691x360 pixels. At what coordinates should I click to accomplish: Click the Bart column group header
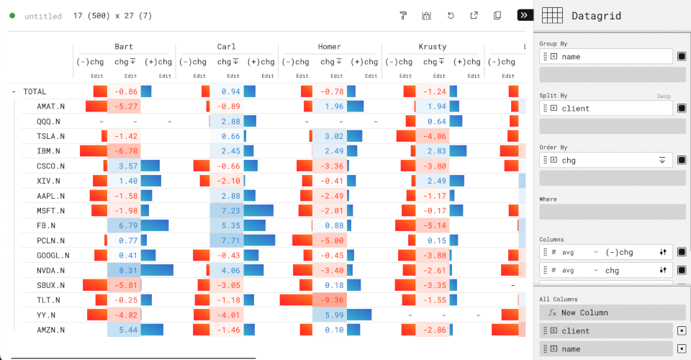124,47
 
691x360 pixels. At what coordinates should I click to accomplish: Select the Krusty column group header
433,47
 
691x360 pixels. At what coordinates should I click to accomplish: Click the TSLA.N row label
50,136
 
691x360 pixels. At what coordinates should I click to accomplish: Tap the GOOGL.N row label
53,255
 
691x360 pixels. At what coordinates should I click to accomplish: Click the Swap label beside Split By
664,96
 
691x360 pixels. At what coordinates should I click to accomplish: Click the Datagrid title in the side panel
596,16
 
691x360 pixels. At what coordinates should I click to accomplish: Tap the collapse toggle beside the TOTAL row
14,91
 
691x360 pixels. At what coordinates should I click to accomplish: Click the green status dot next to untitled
12,16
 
